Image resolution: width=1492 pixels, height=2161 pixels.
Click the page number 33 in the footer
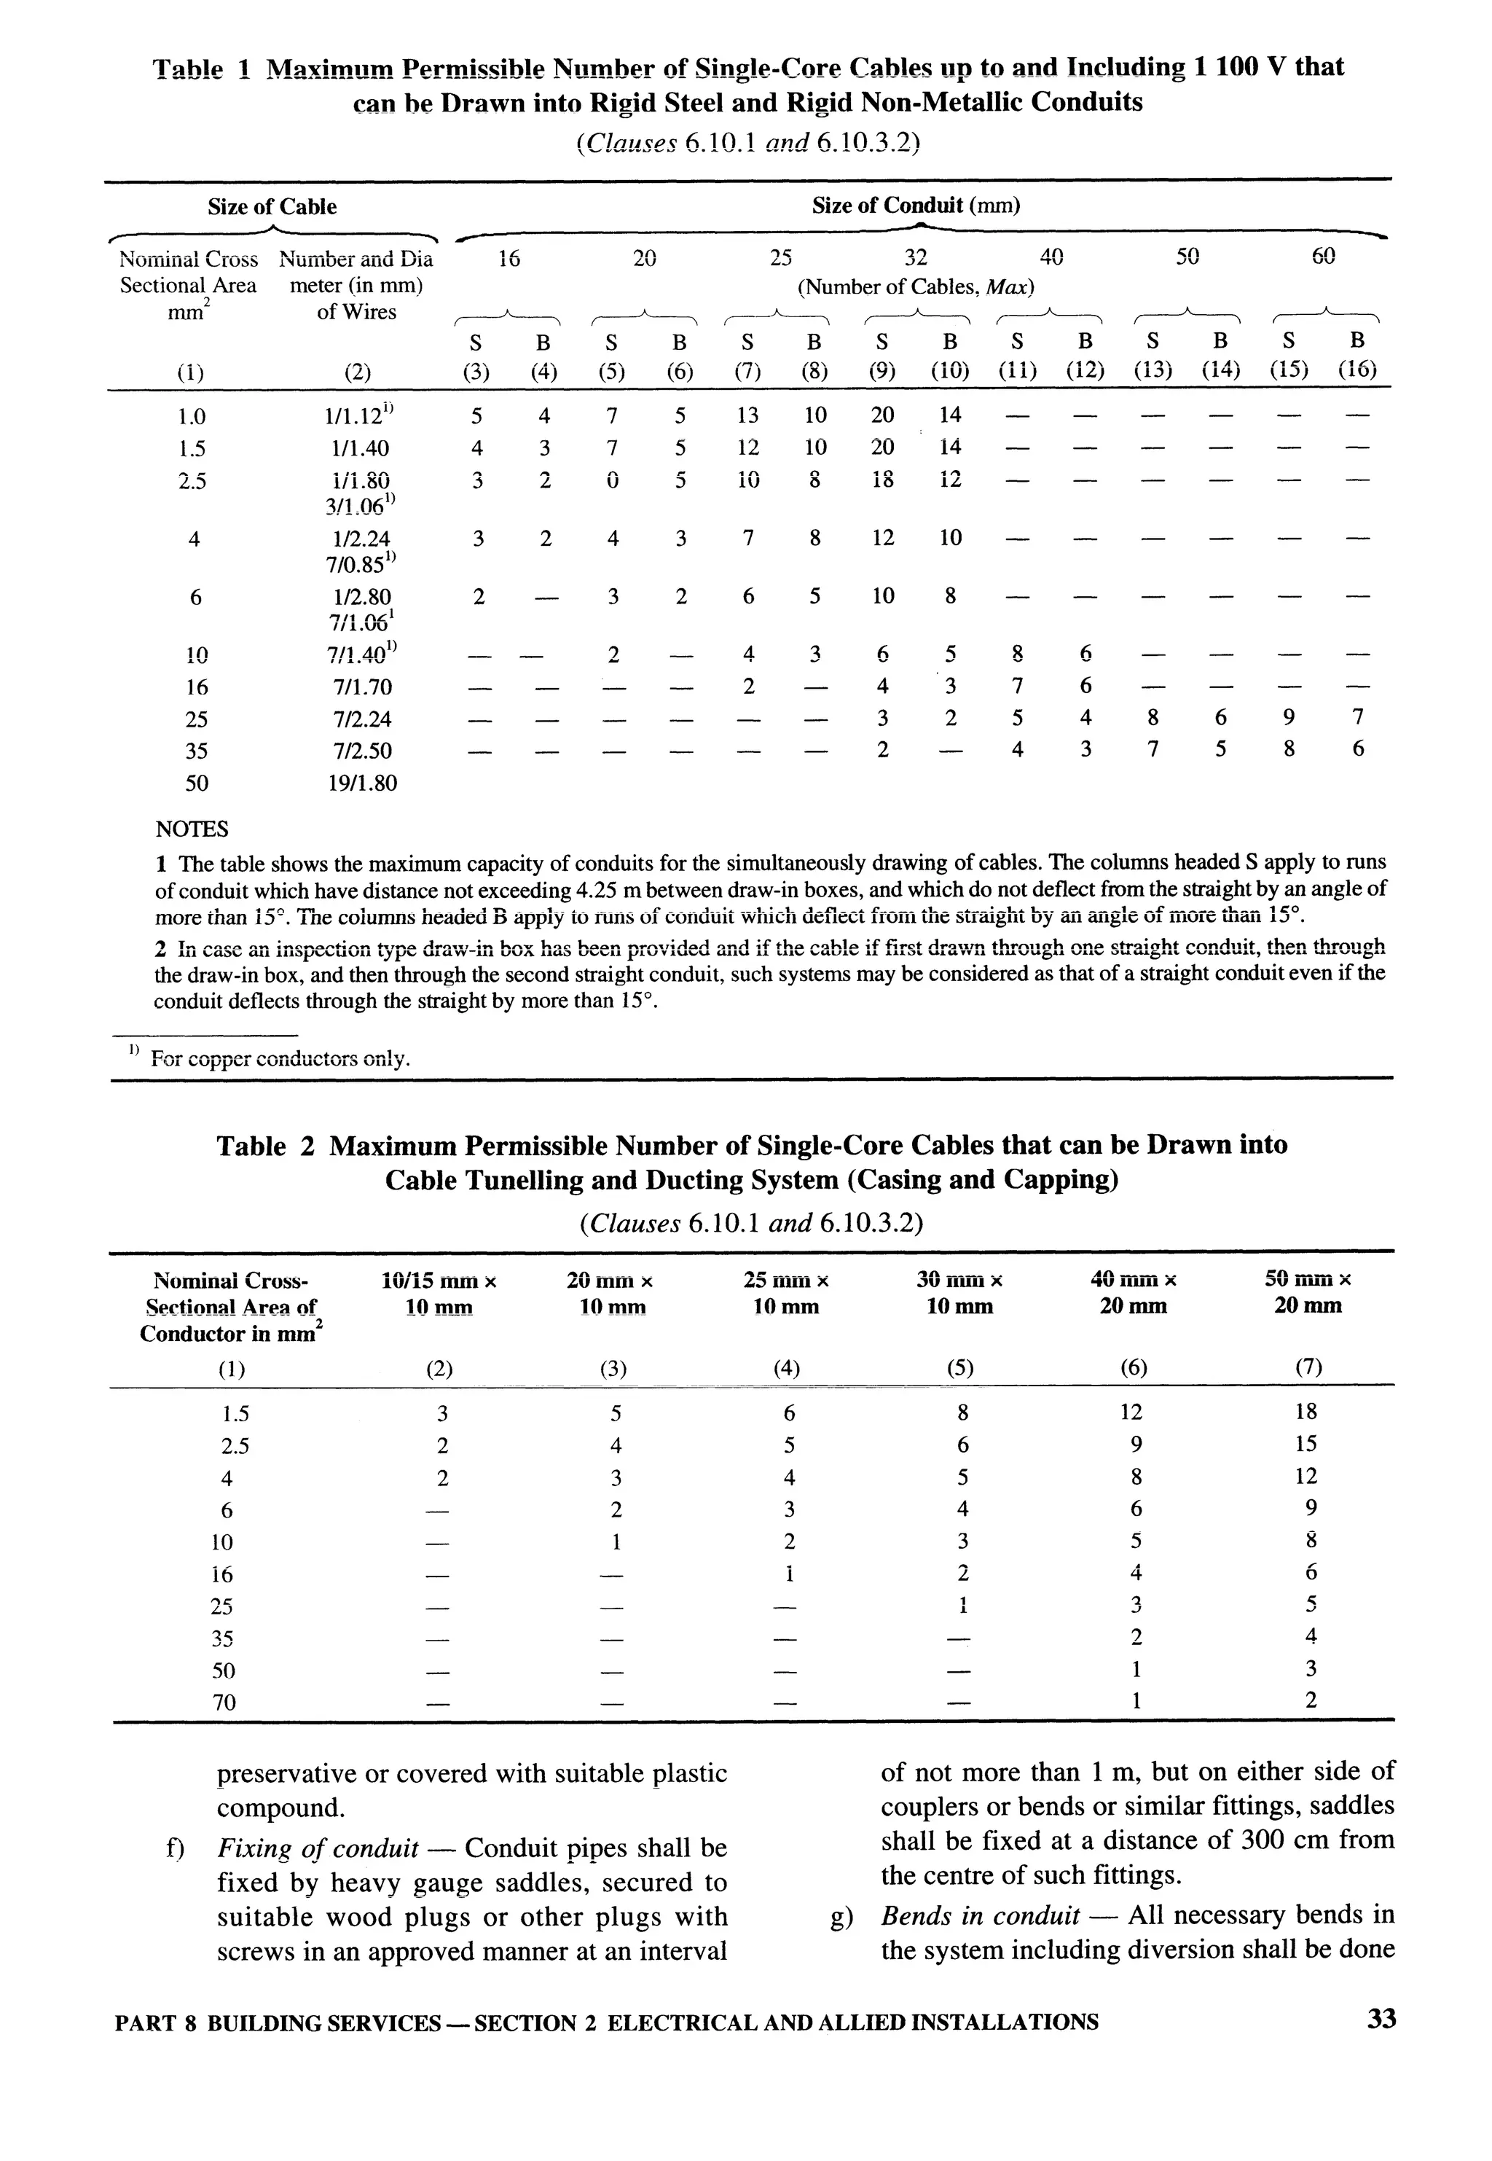coord(1381,2019)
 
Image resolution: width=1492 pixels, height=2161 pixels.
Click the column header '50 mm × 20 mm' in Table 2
coord(1308,1292)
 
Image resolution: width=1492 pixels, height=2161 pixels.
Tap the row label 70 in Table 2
coord(224,1702)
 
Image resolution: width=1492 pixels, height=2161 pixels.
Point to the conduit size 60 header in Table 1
coord(1323,257)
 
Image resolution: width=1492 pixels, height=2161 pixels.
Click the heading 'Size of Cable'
coord(272,207)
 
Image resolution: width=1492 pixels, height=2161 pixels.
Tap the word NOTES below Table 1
coord(192,829)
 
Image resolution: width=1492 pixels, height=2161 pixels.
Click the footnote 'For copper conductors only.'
coord(280,1060)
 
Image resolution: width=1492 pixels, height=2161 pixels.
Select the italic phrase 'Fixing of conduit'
coord(318,1848)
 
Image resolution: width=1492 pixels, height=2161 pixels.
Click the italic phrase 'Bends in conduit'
coord(981,1916)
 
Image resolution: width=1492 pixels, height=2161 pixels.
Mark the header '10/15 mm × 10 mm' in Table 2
coord(439,1292)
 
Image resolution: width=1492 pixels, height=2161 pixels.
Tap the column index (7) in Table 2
coord(1308,1368)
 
